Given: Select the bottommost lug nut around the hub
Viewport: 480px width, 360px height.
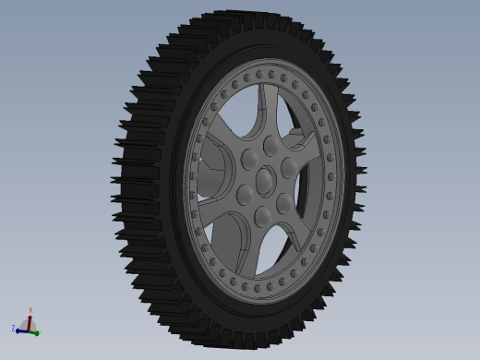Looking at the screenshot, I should pos(263,215).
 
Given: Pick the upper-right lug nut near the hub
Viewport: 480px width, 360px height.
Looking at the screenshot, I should pos(288,166).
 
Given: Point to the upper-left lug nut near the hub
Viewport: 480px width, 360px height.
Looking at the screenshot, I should pos(249,160).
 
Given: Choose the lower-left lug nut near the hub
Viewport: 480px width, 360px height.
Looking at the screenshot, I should pos(245,195).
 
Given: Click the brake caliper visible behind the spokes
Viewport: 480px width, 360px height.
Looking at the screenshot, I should pos(297,140).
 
